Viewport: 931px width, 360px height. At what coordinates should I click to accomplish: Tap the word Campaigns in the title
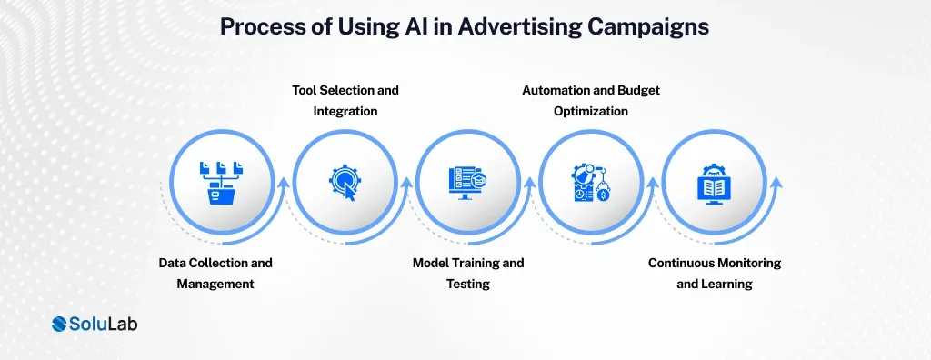point(653,27)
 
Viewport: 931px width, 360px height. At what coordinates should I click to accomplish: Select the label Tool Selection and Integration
point(345,101)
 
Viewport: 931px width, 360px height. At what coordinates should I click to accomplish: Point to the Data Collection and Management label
point(215,273)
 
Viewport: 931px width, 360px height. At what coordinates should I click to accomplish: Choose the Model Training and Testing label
point(468,273)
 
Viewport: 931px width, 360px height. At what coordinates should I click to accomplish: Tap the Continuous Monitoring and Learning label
point(715,273)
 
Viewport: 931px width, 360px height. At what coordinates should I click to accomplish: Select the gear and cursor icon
point(345,181)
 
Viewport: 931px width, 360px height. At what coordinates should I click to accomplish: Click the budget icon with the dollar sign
point(591,182)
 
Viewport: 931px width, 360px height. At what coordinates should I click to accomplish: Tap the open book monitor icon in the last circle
point(715,182)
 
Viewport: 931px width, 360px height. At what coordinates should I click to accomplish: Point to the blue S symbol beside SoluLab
point(61,325)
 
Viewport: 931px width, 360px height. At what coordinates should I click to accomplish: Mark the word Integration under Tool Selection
point(345,111)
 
